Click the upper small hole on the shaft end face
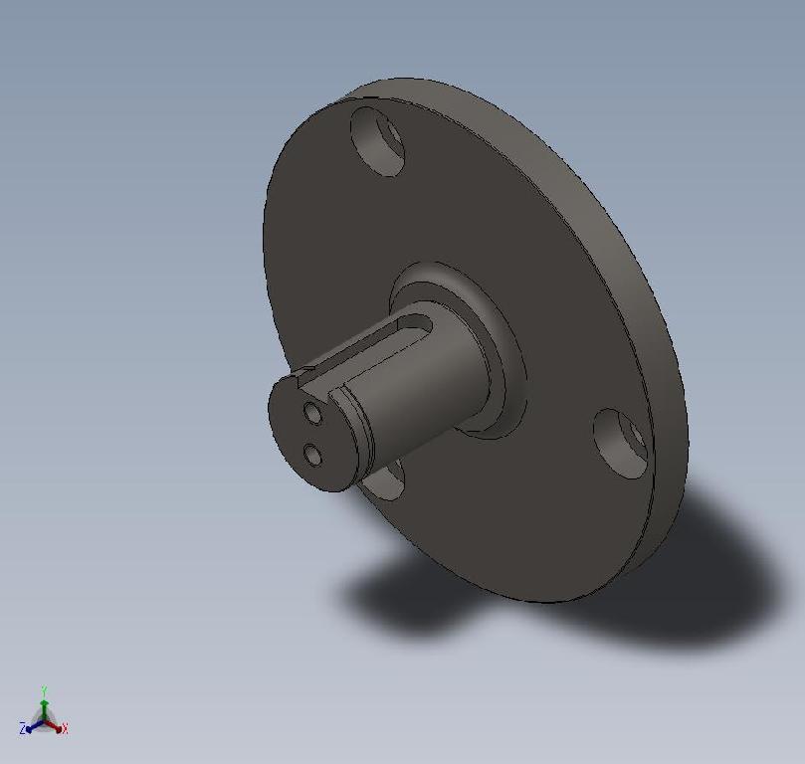pyautogui.click(x=312, y=412)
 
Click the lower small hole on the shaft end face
pyautogui.click(x=313, y=456)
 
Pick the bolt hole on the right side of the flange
pyautogui.click(x=621, y=443)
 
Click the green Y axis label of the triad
pyautogui.click(x=45, y=689)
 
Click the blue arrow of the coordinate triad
pyautogui.click(x=33, y=727)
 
